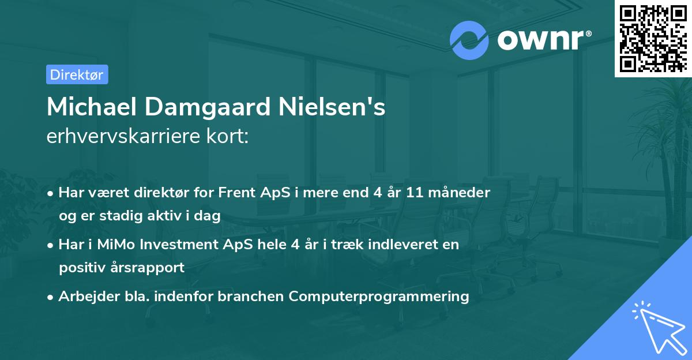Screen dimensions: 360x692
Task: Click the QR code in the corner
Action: coord(653,38)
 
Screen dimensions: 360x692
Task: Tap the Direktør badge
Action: coord(77,74)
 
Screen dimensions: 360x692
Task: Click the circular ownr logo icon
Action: coord(469,40)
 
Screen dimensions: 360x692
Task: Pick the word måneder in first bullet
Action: coord(461,192)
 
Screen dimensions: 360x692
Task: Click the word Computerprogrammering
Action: coord(379,297)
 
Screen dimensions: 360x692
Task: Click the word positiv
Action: coord(78,268)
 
